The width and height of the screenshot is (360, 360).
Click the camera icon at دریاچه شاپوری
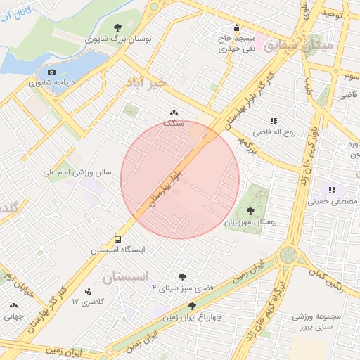point(51,72)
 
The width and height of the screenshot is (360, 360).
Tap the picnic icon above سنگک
point(174,112)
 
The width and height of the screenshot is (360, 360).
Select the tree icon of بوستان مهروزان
point(251,211)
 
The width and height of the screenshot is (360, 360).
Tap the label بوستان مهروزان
point(250,222)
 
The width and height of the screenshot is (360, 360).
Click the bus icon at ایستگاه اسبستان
point(117,238)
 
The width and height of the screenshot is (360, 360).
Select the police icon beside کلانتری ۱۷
point(88,290)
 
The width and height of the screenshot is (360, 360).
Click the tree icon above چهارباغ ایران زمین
point(193,305)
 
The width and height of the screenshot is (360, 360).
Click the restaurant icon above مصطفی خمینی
point(330,190)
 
